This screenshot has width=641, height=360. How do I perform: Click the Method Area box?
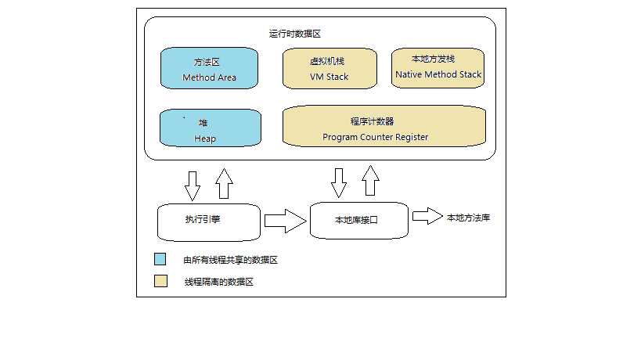(x=209, y=68)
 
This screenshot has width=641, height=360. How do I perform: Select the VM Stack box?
(x=329, y=68)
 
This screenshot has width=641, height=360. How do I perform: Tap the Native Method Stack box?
(x=438, y=68)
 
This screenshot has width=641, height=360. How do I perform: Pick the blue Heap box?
(x=209, y=128)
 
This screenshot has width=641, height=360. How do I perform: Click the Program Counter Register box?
(x=384, y=128)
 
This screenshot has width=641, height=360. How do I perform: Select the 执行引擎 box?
(x=208, y=222)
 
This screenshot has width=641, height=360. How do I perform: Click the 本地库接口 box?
(x=359, y=221)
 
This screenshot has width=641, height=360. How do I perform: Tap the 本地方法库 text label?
(x=468, y=218)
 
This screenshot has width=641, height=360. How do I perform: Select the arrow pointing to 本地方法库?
(x=427, y=217)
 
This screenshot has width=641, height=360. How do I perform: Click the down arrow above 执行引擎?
(x=192, y=184)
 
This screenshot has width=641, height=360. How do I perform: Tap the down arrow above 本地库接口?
(x=338, y=182)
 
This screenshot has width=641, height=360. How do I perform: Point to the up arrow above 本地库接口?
(x=370, y=181)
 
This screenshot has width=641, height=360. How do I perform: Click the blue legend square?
(x=160, y=260)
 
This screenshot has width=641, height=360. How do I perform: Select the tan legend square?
(x=160, y=281)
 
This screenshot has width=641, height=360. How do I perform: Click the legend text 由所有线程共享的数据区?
(x=230, y=261)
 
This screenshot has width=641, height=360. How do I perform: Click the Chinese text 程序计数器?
(x=373, y=121)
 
